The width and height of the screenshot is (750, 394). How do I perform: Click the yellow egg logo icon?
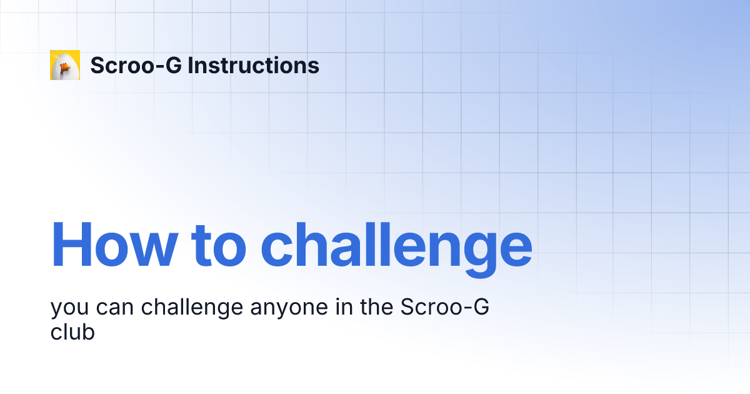(x=65, y=65)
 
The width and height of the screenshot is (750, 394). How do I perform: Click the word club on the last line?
(x=72, y=332)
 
